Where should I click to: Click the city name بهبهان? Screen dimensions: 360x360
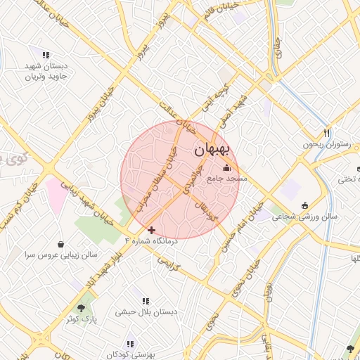tap(211, 150)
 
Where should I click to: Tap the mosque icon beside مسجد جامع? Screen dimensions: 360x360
tap(226, 168)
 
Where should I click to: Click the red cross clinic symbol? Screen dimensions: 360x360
tap(151, 230)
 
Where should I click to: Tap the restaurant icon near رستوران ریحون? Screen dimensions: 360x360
tap(327, 133)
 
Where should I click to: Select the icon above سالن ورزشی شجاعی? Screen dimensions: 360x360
tap(304, 205)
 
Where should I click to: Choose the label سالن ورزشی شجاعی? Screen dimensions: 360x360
tap(304, 217)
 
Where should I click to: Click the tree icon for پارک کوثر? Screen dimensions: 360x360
tap(83, 307)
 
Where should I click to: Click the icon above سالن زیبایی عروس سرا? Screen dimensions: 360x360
tap(61, 245)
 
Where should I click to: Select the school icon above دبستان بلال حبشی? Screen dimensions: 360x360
tap(146, 300)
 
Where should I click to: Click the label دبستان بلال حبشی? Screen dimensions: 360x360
tap(145, 311)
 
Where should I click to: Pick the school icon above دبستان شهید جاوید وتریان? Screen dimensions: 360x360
tap(46, 55)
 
